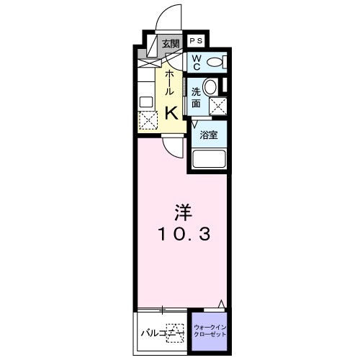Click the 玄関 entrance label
170,44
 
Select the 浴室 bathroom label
209,135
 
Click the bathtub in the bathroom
209,159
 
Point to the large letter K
173,112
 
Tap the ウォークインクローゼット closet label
209,331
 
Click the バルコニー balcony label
155,333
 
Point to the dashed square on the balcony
174,332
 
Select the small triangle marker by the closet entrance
222,303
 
